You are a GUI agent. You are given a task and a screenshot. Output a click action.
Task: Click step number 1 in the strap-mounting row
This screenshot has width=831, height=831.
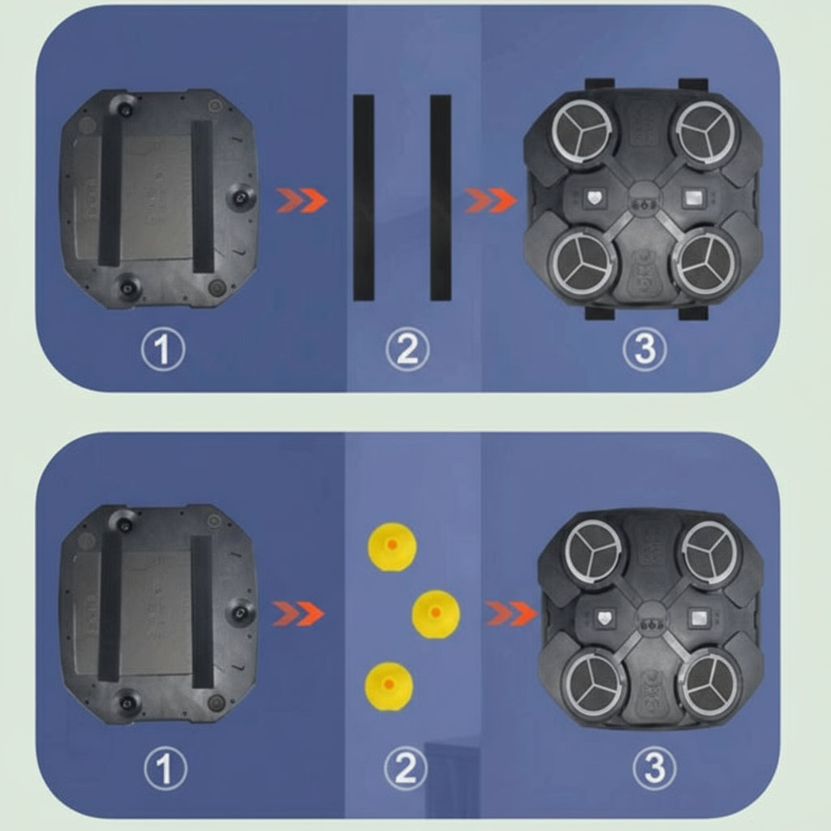click(163, 349)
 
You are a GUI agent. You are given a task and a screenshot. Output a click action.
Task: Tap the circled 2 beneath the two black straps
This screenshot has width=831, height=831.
click(407, 349)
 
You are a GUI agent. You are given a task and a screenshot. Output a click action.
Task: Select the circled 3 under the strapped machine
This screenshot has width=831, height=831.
click(644, 349)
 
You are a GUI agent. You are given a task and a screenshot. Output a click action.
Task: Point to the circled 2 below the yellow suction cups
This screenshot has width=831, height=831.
click(406, 769)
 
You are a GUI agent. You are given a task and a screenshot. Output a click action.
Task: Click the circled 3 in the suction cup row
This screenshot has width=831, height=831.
click(655, 769)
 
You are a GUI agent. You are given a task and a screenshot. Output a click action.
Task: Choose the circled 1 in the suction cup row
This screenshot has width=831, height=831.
click(166, 769)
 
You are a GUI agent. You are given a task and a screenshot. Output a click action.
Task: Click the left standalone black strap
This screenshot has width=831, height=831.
click(364, 198)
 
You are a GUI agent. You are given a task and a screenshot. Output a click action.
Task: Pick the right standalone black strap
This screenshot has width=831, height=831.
click(441, 198)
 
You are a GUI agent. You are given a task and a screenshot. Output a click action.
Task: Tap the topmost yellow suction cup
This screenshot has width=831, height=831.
click(392, 546)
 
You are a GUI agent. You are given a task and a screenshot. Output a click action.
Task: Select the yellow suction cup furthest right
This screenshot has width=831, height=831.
click(436, 614)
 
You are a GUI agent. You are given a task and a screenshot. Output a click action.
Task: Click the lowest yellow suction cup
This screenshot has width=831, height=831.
click(389, 686)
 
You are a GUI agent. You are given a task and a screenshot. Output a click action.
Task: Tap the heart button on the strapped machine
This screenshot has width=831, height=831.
click(594, 198)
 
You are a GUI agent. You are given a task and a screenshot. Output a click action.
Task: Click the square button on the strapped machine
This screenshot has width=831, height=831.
click(692, 198)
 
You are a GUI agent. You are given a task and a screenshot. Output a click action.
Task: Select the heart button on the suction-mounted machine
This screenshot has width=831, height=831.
click(604, 618)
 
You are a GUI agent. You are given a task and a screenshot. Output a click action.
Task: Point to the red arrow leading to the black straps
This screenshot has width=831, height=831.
click(302, 200)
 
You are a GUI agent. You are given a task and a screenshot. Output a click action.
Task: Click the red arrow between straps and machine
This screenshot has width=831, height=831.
click(491, 200)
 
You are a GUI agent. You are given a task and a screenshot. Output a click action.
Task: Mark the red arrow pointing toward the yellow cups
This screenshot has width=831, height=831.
click(298, 614)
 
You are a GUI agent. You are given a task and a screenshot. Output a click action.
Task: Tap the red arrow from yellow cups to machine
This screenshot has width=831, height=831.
click(511, 614)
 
